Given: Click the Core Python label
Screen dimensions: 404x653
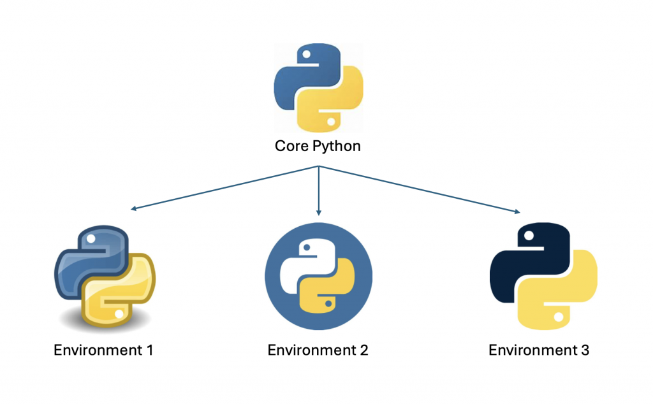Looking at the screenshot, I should click(318, 146).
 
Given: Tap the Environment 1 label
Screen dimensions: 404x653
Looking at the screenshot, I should click(103, 350).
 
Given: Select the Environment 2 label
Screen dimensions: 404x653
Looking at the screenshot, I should click(318, 350).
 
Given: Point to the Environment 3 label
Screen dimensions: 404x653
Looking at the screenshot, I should click(539, 350).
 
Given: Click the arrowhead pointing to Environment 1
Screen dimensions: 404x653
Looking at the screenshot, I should click(131, 208).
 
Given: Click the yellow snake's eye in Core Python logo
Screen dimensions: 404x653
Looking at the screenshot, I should click(330, 120).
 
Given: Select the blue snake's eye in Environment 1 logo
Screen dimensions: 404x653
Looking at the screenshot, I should click(90, 240).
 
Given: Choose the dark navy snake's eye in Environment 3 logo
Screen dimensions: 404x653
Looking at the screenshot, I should click(527, 236).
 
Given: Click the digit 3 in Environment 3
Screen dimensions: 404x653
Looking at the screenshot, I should click(585, 350).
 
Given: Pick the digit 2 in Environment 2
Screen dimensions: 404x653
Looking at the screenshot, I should click(363, 350).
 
